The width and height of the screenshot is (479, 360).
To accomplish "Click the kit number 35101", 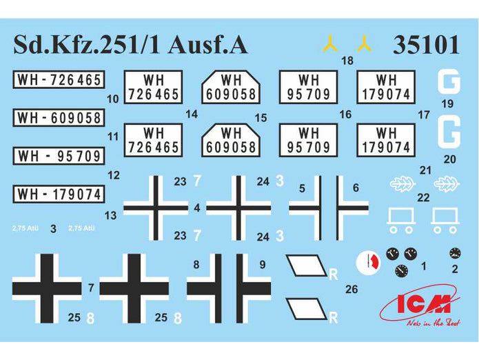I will coord(425,45).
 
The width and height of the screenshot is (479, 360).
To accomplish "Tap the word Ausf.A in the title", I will coord(212,45).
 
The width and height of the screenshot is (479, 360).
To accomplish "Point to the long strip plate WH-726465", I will coord(58,81).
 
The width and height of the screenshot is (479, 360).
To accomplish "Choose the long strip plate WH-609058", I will coord(58,119).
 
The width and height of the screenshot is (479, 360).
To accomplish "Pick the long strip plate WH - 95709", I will coord(58,156).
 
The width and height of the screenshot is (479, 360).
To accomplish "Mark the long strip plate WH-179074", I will coord(58,194).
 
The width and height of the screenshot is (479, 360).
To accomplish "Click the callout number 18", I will coord(347,61).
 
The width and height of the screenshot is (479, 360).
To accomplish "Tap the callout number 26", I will coord(351,290).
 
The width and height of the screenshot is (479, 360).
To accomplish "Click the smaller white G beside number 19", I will coord(449,83).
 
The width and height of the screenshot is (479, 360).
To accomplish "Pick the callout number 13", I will coord(110,216).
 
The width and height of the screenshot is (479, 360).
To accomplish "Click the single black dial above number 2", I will coord(454,252).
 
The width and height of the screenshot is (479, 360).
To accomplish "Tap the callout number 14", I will coord(192,114).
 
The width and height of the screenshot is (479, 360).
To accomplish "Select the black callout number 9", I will coord(263,263).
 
